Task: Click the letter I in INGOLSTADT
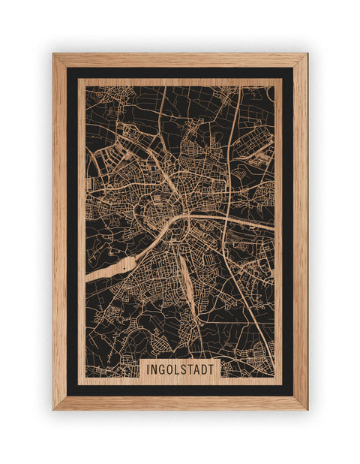148,370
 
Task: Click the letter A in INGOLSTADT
199,370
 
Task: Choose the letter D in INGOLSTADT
206,370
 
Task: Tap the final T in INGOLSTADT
214,370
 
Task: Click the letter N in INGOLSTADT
154,370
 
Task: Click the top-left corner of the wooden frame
53,54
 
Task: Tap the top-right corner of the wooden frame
307,54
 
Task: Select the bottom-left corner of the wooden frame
53,409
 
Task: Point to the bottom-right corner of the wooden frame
307,409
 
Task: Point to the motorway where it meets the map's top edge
239,88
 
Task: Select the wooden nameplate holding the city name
180,369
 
